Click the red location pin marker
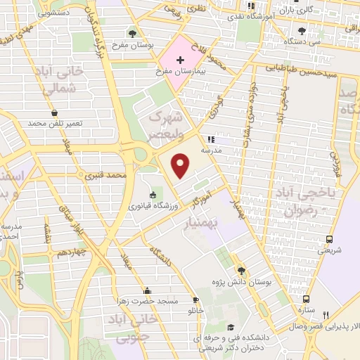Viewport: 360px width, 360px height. tap(181, 166)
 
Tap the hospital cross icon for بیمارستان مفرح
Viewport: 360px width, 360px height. tap(181, 60)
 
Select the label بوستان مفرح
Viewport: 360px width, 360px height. tap(138, 44)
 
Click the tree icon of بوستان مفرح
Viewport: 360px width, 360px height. tap(132, 32)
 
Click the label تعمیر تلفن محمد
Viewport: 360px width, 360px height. tap(56, 123)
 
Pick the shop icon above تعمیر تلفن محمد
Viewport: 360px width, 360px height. tap(55, 112)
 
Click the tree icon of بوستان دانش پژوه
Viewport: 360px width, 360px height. tap(242, 270)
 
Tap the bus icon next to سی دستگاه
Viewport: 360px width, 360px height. tap(302, 30)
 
